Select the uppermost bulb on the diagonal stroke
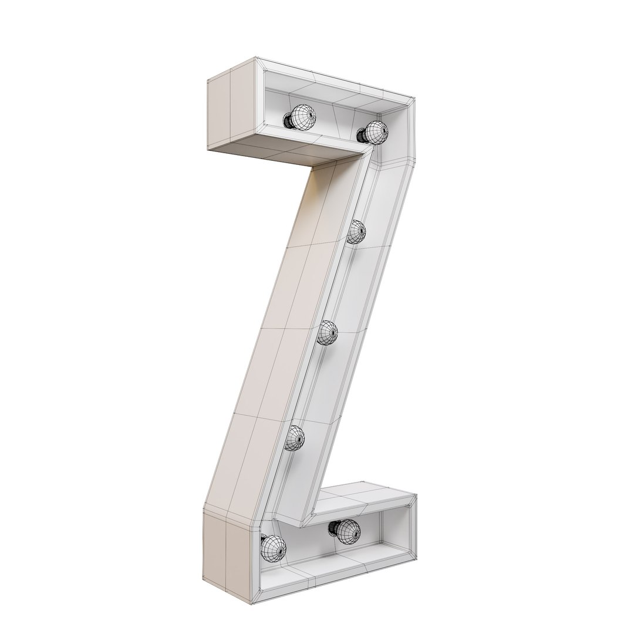tap(356, 232)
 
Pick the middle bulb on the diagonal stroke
tap(328, 333)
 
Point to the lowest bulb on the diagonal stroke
tap(295, 437)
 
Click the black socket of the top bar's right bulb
tap(363, 134)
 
